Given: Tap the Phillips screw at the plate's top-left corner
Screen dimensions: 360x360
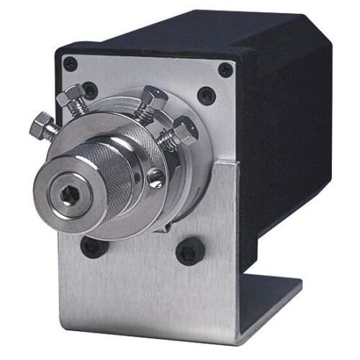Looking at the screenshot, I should click(71, 64).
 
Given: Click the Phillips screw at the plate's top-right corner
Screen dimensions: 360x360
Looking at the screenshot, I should click(225, 70).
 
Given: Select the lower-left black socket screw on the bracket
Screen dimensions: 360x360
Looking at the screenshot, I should click(91, 246).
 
